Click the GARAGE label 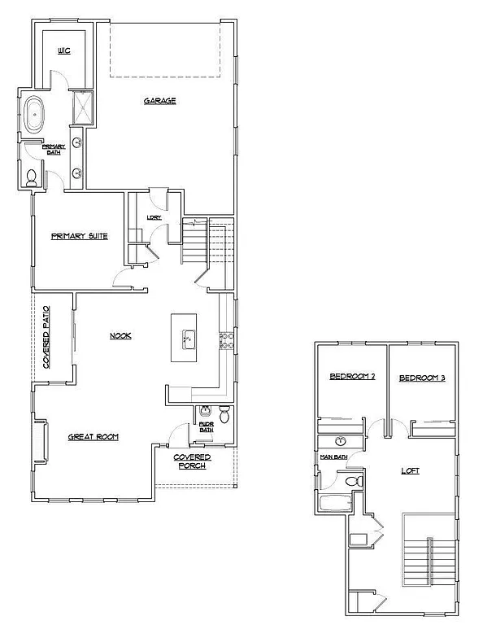coord(160,101)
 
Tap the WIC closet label coord(64,50)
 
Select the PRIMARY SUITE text coord(80,236)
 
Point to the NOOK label coord(120,335)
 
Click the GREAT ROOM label coord(93,437)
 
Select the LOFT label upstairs coord(410,470)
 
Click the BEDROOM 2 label coord(350,377)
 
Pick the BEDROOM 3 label coord(422,378)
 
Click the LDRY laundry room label coord(154,217)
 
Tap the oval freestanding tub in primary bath coord(36,116)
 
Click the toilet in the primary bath coord(32,177)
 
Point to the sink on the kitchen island coord(187,339)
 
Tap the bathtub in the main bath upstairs coord(333,505)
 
